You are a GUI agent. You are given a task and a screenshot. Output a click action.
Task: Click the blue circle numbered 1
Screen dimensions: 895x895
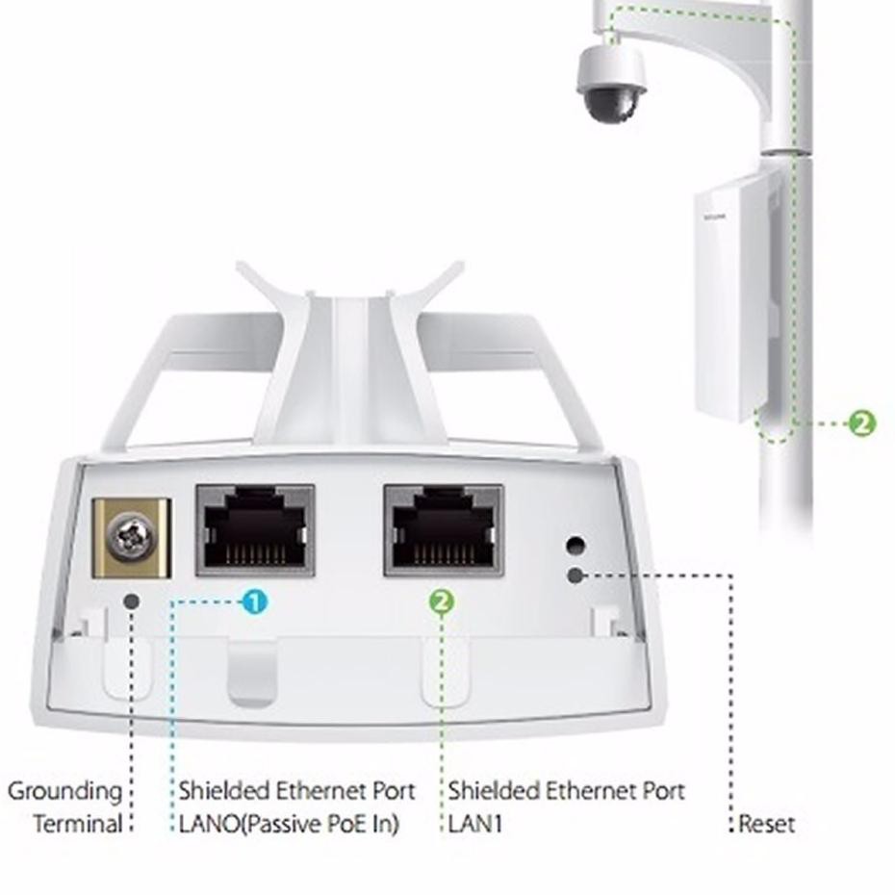point(253,602)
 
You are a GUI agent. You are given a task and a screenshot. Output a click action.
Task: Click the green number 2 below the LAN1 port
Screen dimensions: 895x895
point(442,602)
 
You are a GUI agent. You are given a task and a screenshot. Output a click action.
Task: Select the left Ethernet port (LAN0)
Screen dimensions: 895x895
point(255,530)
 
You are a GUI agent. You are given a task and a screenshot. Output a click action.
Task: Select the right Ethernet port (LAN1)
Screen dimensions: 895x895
point(443,530)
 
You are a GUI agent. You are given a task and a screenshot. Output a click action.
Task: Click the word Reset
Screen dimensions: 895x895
point(767,825)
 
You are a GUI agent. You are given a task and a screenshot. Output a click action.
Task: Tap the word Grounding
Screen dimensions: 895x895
point(64,791)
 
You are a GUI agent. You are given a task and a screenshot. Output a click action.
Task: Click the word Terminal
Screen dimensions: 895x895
point(78,825)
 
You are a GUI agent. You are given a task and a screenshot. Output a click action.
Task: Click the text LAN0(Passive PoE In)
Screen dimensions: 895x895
point(289,825)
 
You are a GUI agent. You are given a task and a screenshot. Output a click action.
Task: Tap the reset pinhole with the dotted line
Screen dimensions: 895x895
point(575,575)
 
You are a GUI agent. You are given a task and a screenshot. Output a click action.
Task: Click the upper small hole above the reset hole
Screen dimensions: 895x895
point(575,545)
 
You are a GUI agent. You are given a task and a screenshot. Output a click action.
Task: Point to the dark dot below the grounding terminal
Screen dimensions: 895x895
point(132,601)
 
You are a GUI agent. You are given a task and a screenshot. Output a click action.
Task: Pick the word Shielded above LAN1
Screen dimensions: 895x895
point(494,791)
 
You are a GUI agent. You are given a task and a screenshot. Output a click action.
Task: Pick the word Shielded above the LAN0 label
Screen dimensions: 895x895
point(224,791)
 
